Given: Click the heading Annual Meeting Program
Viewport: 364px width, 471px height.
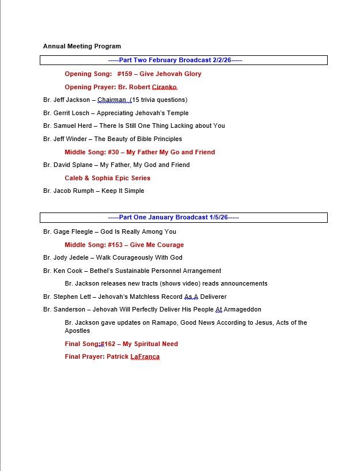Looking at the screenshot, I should coord(82,46).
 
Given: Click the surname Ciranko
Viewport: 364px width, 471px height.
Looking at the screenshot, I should coord(164,87).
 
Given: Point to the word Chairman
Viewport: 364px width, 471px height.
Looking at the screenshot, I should coord(112,100).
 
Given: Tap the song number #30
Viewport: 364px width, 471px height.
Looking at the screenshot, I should coord(113,152).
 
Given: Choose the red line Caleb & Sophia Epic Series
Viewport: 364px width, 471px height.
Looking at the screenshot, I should coord(107,178).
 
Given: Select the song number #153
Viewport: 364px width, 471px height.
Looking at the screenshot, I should coord(115,245).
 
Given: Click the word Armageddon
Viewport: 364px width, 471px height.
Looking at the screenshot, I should coord(242,309).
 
